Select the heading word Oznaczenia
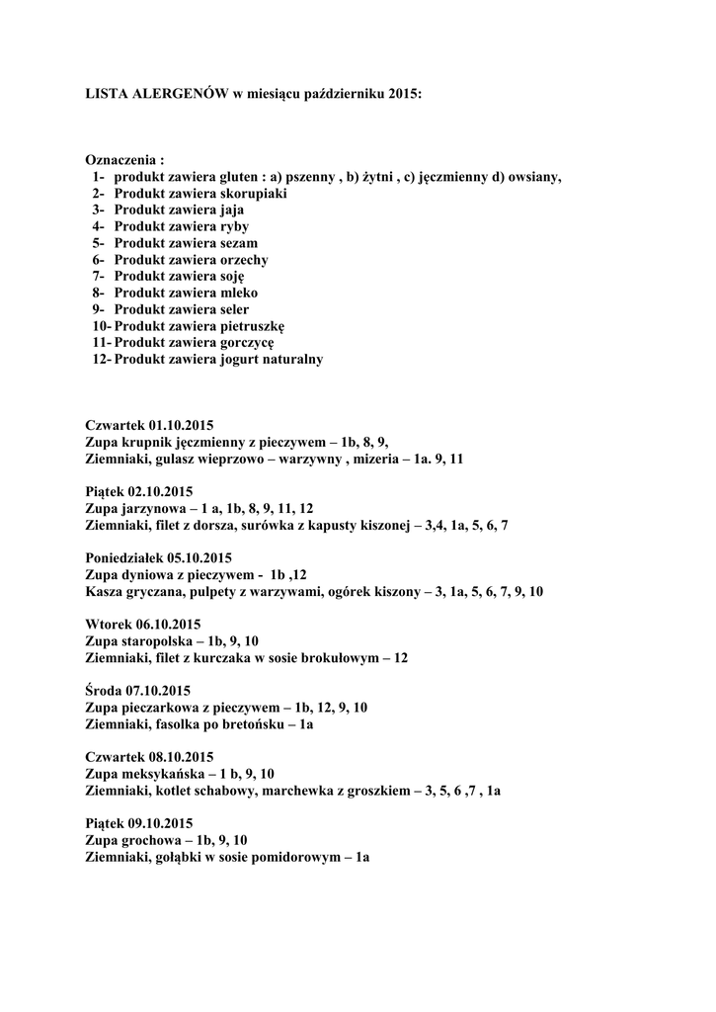click(x=120, y=160)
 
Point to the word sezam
click(x=240, y=243)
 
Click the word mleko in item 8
click(x=241, y=294)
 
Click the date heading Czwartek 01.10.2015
click(x=149, y=425)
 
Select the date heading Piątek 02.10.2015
click(x=138, y=491)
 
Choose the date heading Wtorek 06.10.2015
click(x=142, y=624)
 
